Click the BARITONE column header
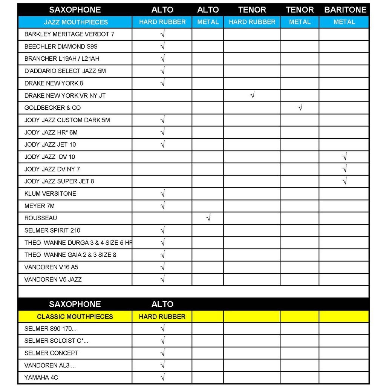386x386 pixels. pyautogui.click(x=345, y=10)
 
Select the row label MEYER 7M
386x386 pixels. pyautogui.click(x=40, y=206)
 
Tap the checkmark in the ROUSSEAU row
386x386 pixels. pyautogui.click(x=208, y=218)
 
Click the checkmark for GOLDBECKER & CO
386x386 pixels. pyautogui.click(x=300, y=108)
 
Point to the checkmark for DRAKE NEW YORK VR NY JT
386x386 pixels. pyautogui.click(x=252, y=95)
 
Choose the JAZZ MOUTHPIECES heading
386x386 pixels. pyautogui.click(x=76, y=22)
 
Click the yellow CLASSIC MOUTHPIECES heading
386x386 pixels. pyautogui.click(x=75, y=316)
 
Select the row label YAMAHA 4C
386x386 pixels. pyautogui.click(x=41, y=377)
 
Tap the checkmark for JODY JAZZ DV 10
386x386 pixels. pyautogui.click(x=344, y=157)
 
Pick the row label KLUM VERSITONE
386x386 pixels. pyautogui.click(x=50, y=193)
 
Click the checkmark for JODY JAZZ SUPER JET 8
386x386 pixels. pyautogui.click(x=344, y=181)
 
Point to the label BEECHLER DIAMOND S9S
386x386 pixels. pyautogui.click(x=55, y=46)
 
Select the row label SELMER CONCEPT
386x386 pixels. pyautogui.click(x=51, y=353)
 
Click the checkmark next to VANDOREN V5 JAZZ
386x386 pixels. pyautogui.click(x=162, y=279)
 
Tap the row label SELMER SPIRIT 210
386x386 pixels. pyautogui.click(x=52, y=230)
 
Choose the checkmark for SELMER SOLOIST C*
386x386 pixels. pyautogui.click(x=162, y=341)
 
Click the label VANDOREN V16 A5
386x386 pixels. pyautogui.click(x=51, y=267)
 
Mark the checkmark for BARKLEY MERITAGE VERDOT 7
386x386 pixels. pyautogui.click(x=162, y=34)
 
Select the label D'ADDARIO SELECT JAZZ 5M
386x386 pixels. pyautogui.click(x=65, y=71)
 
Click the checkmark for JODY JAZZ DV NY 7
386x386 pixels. pyautogui.click(x=344, y=169)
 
